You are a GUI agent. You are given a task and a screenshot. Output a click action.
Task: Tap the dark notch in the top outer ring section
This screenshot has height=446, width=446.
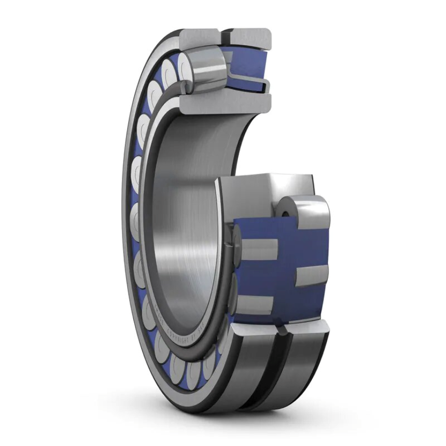[x=227, y=38]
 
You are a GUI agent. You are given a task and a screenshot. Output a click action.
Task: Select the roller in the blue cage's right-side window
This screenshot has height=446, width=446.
[x=311, y=275]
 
